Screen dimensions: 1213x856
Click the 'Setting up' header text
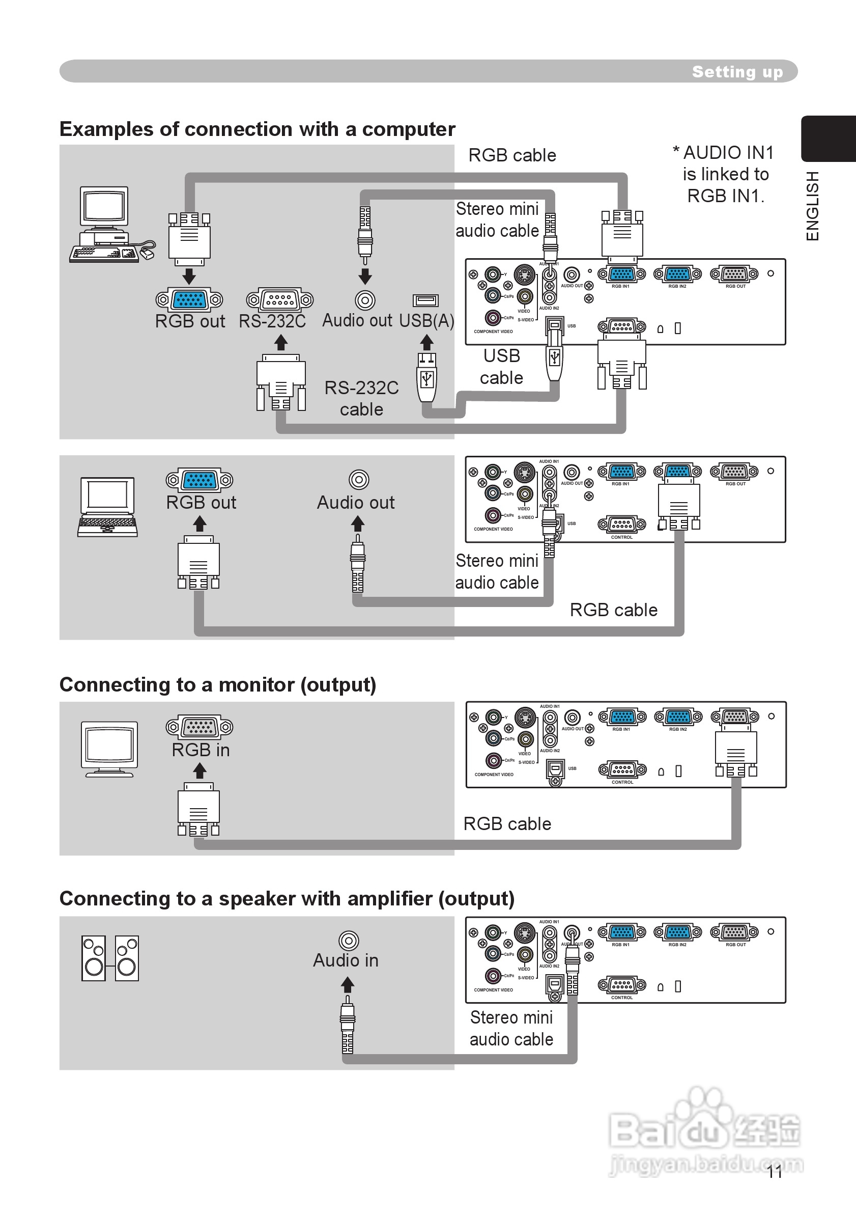(x=737, y=71)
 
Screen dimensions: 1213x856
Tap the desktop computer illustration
(x=111, y=225)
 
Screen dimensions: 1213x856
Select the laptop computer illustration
(x=108, y=507)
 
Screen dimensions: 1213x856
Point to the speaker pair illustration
(x=110, y=958)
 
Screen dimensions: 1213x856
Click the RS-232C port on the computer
(x=279, y=300)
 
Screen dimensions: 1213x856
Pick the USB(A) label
(x=426, y=321)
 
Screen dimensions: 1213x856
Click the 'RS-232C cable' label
(x=362, y=398)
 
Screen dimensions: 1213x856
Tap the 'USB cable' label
(x=502, y=367)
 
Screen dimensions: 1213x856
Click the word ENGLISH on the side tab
(x=813, y=206)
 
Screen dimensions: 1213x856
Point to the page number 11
(x=775, y=1172)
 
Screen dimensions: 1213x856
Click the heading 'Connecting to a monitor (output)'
(x=218, y=685)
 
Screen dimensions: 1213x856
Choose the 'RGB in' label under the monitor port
(x=201, y=750)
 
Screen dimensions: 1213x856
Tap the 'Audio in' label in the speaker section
(x=346, y=960)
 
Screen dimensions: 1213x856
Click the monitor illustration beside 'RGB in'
(x=109, y=749)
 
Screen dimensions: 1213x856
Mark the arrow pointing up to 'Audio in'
(x=348, y=985)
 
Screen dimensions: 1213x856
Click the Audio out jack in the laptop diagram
(x=359, y=480)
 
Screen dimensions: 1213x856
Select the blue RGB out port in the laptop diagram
(x=199, y=480)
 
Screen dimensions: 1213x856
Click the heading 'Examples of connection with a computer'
(x=257, y=129)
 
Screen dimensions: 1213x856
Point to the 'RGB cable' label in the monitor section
(x=507, y=824)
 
